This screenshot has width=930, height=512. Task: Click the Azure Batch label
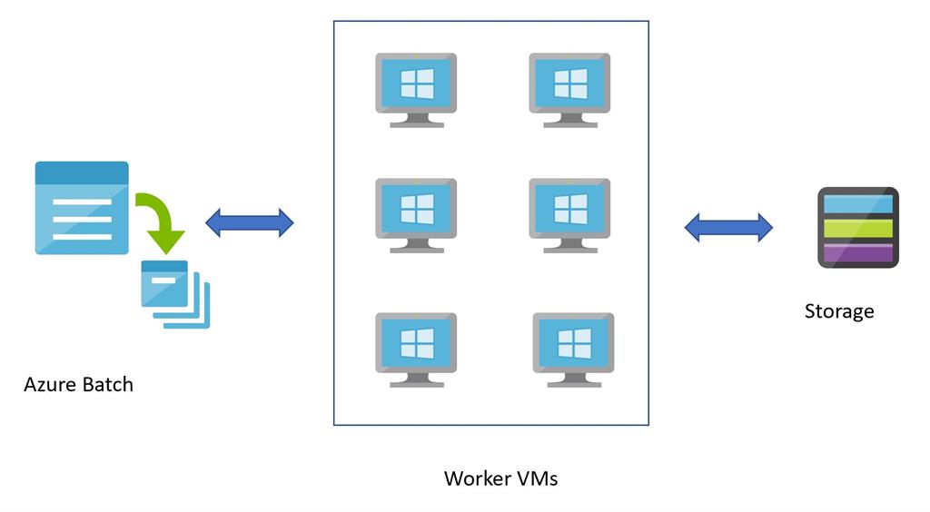point(78,384)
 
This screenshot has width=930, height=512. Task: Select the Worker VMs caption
point(500,478)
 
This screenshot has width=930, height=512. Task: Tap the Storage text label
point(838,311)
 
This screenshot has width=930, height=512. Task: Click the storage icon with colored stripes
point(857,227)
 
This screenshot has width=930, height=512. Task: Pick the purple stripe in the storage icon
point(857,252)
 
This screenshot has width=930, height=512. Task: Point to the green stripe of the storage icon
point(857,228)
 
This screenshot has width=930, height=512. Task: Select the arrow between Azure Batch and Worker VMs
point(250,222)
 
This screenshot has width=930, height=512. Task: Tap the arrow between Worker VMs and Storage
point(727,227)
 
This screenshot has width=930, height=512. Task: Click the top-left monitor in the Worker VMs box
point(416,87)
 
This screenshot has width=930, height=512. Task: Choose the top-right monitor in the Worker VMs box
point(569,87)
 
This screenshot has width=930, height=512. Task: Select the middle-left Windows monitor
point(416,212)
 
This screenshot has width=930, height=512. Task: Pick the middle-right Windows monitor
point(569,212)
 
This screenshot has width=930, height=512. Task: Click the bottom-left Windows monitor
point(416,348)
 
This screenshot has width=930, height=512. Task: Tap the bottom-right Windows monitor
point(572,348)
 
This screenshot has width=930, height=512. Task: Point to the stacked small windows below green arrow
point(173,294)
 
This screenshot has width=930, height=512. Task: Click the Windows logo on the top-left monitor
point(417,84)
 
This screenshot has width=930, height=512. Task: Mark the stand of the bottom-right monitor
point(572,379)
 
